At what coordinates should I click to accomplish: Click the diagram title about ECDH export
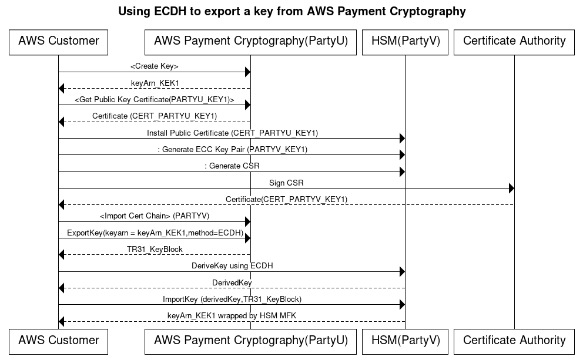[291, 11]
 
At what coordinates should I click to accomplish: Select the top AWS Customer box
[58, 41]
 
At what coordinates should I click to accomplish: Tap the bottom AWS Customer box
[58, 341]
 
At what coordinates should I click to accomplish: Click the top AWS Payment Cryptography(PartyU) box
[250, 41]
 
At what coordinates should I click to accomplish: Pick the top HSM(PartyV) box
[405, 41]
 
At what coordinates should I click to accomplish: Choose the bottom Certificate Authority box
[514, 341]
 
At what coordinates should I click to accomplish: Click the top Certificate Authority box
[514, 41]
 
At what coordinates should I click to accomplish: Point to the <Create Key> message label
[154, 66]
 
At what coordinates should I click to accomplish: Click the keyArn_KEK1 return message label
[155, 83]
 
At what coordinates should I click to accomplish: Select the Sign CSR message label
[286, 183]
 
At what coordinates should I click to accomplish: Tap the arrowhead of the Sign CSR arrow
[511, 189]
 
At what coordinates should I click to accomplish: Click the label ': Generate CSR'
[232, 166]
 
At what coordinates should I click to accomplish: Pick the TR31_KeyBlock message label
[155, 249]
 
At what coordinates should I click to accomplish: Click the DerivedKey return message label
[232, 282]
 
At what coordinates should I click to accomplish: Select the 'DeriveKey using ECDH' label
[232, 265]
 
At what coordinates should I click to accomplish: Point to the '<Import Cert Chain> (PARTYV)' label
[155, 216]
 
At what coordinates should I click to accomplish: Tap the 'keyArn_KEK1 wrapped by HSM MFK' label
[232, 316]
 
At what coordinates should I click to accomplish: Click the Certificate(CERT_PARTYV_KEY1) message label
[286, 200]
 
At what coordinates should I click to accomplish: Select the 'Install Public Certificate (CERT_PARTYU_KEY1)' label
[232, 133]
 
